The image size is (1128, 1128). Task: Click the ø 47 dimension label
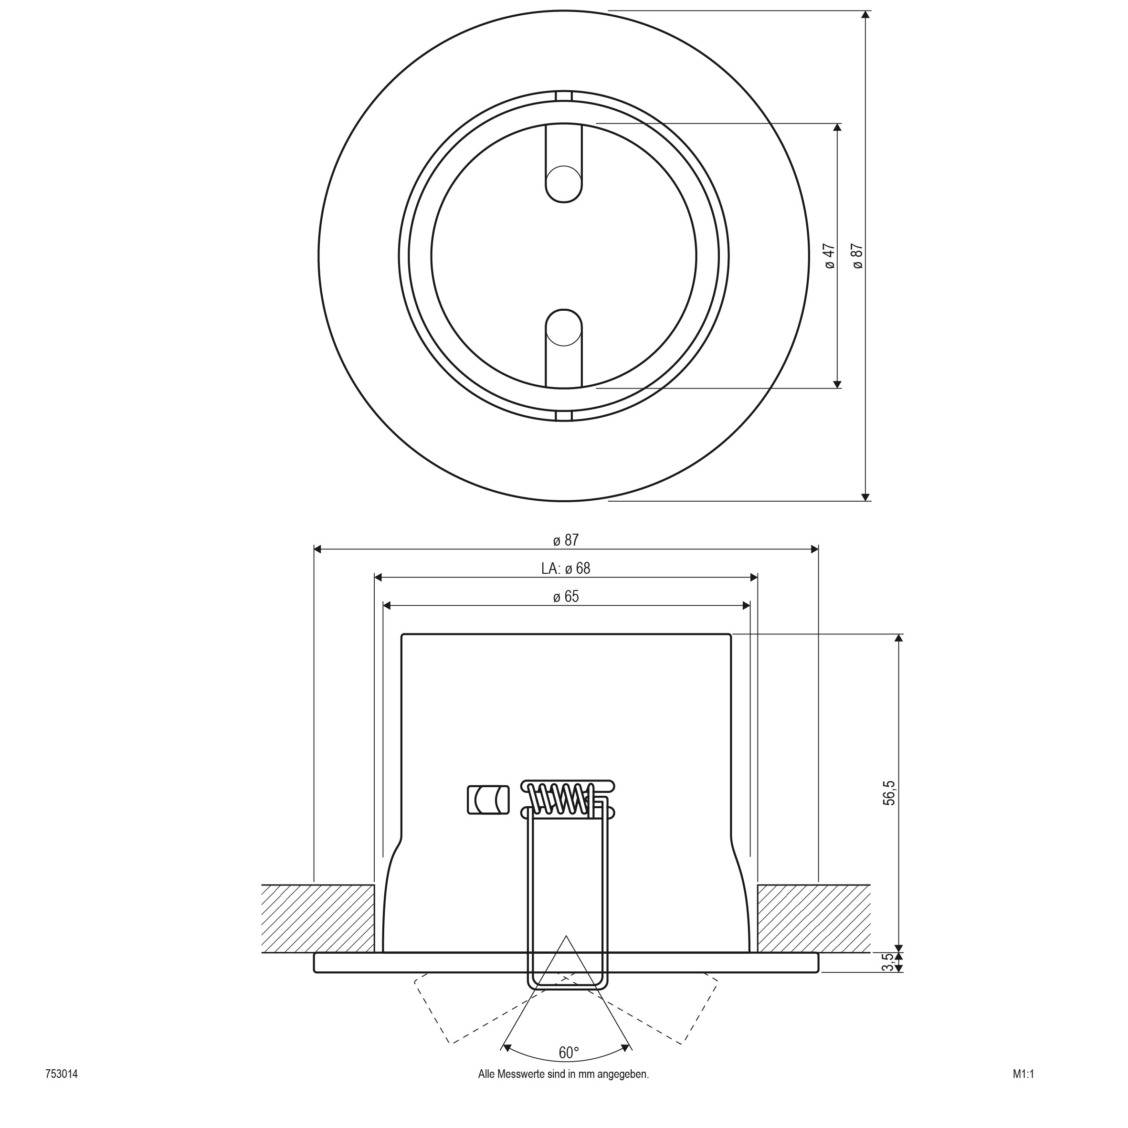pyautogui.click(x=830, y=256)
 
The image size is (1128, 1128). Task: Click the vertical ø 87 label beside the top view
pyautogui.click(x=857, y=256)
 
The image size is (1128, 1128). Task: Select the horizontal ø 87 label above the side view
pyautogui.click(x=566, y=540)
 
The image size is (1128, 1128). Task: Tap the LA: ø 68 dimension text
pyautogui.click(x=566, y=568)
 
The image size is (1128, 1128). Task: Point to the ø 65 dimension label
pyautogui.click(x=566, y=597)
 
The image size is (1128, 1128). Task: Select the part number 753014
pyautogui.click(x=61, y=1090)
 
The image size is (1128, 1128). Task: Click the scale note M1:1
pyautogui.click(x=1023, y=1090)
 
